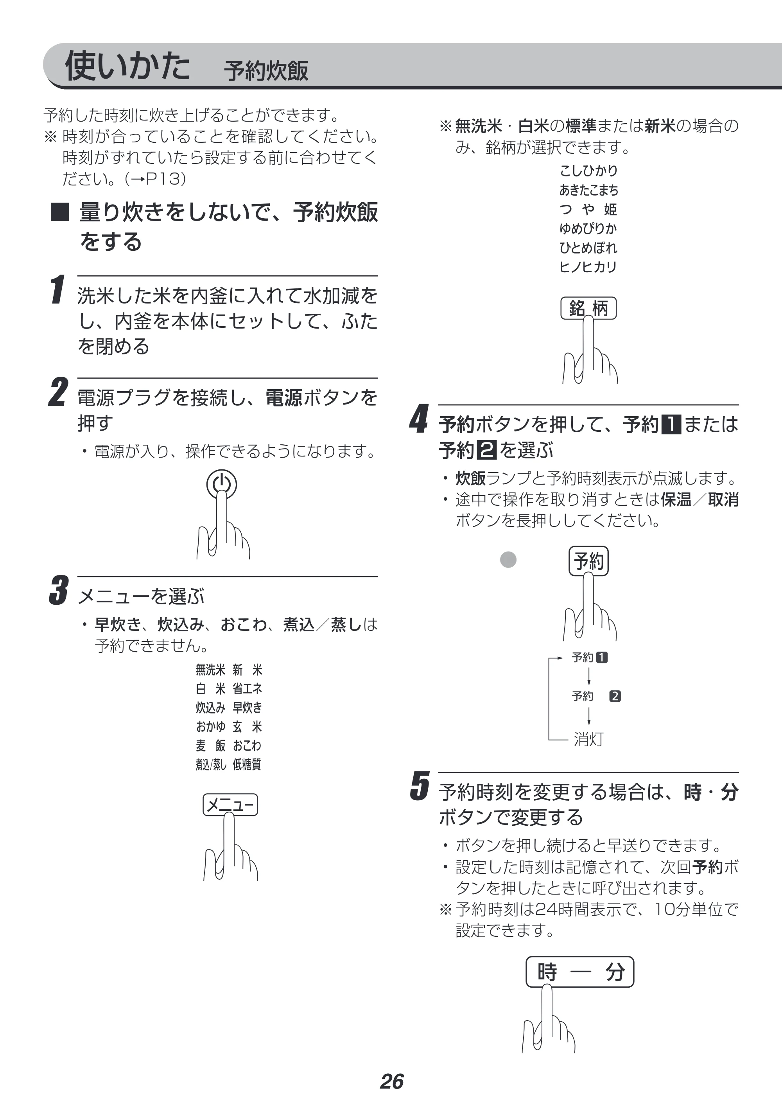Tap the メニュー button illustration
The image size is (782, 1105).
coord(230,805)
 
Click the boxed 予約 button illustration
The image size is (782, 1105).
coord(588,561)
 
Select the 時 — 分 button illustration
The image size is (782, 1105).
coord(580,972)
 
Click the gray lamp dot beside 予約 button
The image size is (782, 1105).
coord(508,559)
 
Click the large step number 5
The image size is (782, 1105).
coord(420,786)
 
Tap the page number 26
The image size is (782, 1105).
coord(391,1082)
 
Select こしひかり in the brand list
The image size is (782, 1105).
coord(588,171)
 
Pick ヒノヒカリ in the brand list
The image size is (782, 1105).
coord(588,266)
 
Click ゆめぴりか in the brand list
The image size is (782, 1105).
coord(588,228)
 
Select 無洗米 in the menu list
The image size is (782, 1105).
coord(210,670)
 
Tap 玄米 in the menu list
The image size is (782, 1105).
coord(247,726)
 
